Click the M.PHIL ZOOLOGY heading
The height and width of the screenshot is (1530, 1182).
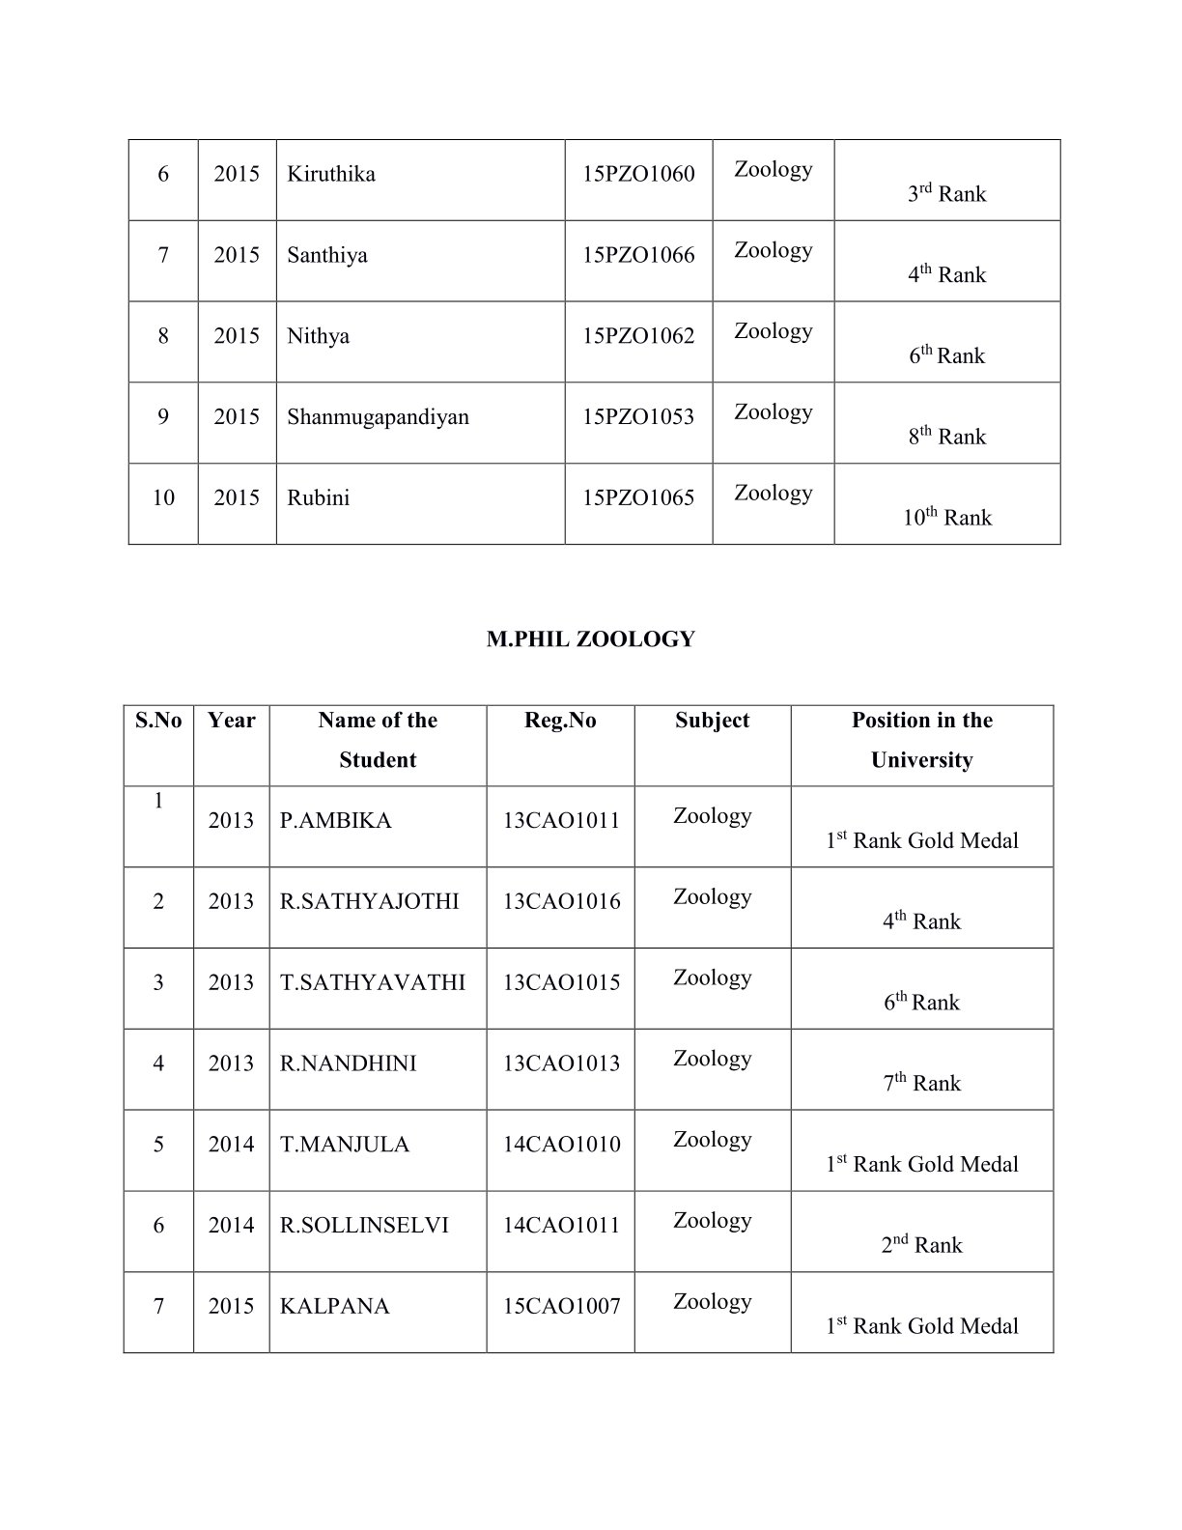click(590, 639)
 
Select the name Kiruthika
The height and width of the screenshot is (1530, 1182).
click(331, 175)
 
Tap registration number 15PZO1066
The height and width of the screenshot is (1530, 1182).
click(638, 256)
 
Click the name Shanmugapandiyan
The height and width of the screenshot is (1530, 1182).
click(378, 417)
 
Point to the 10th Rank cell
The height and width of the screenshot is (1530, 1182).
click(947, 518)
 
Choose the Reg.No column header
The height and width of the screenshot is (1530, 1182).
click(560, 721)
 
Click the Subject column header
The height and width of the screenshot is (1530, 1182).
click(713, 721)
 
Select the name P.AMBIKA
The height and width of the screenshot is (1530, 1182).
click(335, 821)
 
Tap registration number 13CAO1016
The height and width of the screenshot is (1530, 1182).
click(561, 902)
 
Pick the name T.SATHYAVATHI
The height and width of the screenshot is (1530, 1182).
click(373, 983)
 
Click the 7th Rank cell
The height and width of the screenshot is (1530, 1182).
click(922, 1084)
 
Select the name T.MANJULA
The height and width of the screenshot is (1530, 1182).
click(345, 1145)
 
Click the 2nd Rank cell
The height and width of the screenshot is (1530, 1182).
click(922, 1245)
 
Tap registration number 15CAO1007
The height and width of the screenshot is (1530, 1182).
click(561, 1307)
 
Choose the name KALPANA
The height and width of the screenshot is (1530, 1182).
click(334, 1307)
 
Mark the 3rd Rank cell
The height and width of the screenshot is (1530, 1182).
click(947, 194)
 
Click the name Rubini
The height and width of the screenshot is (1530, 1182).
click(319, 498)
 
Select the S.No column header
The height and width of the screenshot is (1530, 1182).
click(158, 721)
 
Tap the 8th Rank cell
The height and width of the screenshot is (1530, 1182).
click(947, 437)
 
